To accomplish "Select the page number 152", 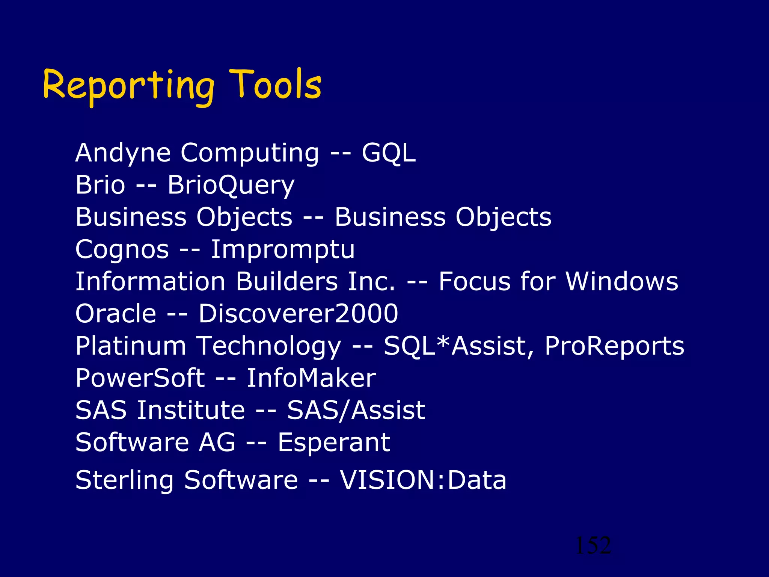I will coord(593,545).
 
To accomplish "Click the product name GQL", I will coord(389,153).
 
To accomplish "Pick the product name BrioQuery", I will coord(231,186).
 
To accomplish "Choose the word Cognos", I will coord(122,249).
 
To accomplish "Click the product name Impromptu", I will coord(282,250).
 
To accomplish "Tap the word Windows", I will coord(622,281).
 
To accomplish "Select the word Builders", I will coord(287,281).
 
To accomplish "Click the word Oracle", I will coord(116,314).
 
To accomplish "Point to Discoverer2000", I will coord(298,314).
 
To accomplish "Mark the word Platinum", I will coord(131,346).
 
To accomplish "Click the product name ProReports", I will coord(614,346).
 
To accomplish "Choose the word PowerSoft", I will coord(140,378).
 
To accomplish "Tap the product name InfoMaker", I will coord(311,378).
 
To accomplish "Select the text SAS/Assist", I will coord(356,410).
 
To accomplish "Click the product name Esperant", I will coord(334,443).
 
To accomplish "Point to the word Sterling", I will coord(124,480).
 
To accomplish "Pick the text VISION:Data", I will coord(423,480).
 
